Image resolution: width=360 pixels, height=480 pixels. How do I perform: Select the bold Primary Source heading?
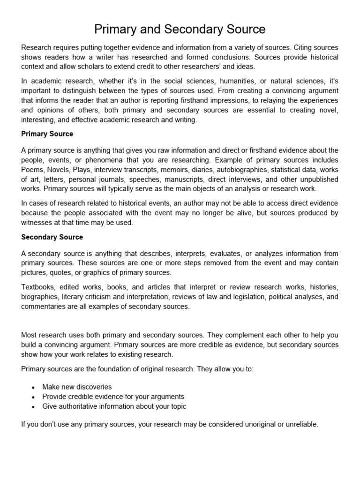point(47,134)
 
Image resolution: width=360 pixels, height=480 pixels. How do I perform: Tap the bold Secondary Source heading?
point(52,237)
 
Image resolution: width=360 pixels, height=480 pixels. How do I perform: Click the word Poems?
point(32,169)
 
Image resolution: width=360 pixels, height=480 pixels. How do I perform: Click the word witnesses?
point(37,223)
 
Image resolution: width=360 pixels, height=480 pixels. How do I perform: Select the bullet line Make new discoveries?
point(77,387)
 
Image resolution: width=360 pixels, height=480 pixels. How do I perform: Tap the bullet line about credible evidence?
point(113,397)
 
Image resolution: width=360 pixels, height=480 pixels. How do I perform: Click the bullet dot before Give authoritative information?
point(33,407)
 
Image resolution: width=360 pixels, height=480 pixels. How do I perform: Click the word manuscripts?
point(193,179)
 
